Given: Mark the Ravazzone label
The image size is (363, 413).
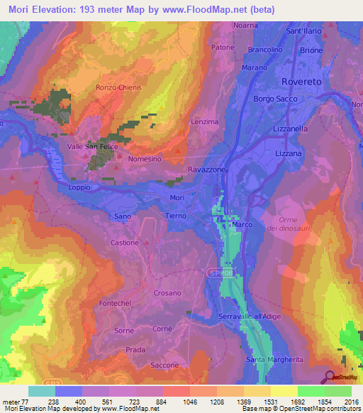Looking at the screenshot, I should coord(207,170).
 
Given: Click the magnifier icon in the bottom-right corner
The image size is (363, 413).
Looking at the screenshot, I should coord(330,377).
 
